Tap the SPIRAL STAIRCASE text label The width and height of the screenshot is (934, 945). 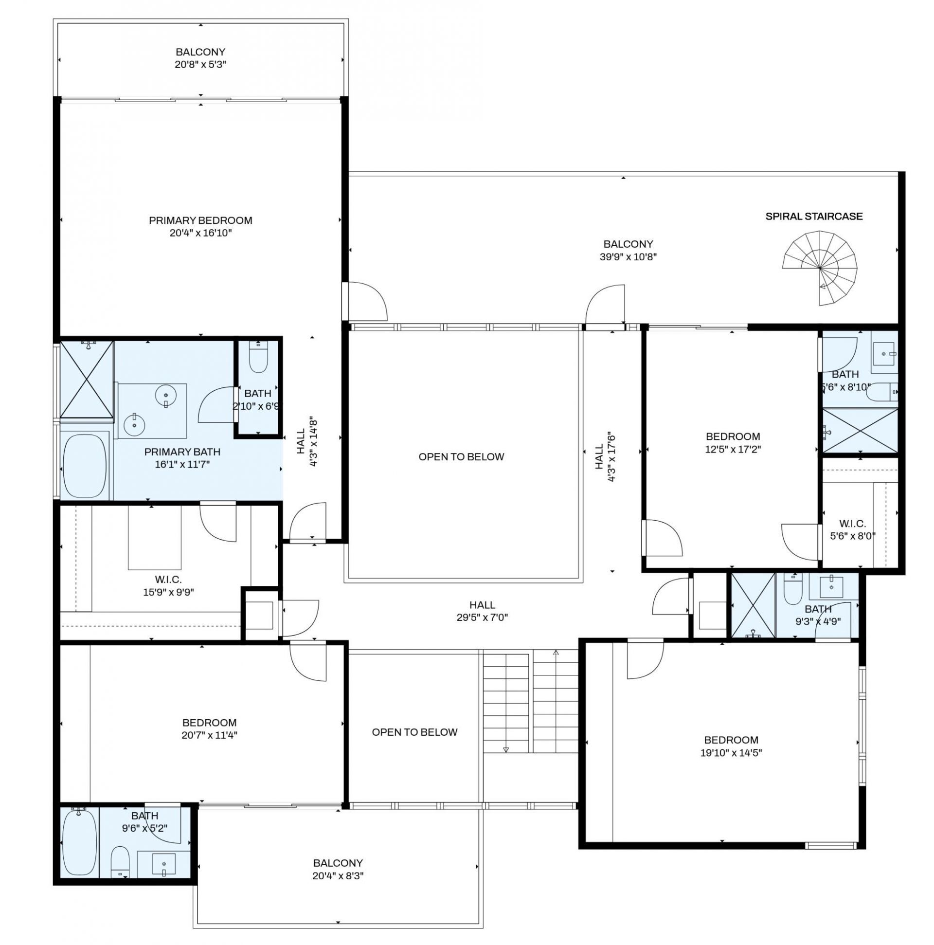814,216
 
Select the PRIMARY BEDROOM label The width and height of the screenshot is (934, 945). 200,220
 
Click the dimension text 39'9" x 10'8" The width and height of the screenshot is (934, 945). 628,257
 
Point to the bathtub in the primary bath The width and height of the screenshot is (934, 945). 85,466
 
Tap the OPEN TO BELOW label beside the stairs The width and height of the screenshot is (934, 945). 414,732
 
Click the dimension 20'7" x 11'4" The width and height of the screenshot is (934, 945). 209,735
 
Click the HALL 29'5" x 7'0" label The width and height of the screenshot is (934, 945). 482,611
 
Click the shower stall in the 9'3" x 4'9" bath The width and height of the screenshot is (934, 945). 753,605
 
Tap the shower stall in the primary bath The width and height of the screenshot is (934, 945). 86,380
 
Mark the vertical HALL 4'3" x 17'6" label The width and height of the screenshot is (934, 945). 604,457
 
